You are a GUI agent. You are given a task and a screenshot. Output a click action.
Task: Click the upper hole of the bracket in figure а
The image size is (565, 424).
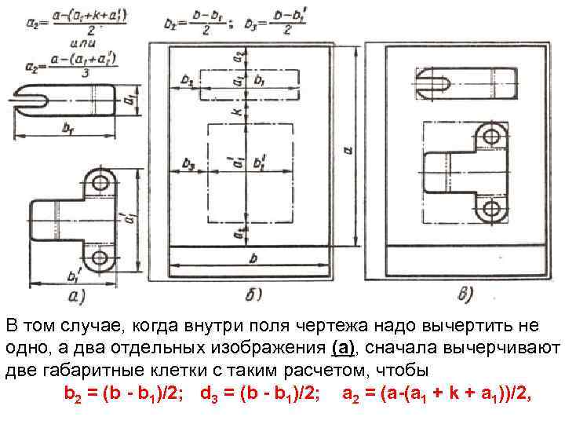click(x=100, y=184)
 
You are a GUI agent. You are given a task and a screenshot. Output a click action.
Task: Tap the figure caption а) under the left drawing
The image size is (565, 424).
click(x=78, y=297)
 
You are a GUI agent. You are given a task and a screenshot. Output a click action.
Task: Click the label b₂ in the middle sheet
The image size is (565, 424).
click(x=187, y=80)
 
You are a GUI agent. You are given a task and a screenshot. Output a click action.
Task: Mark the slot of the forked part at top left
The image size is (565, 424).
click(x=31, y=100)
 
